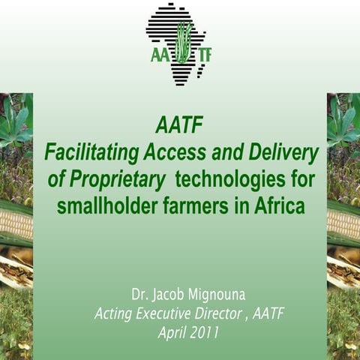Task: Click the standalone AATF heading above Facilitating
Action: coord(180,124)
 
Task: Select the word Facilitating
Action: coord(90,152)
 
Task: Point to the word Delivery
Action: coord(283,152)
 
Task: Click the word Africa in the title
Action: coord(277,205)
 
